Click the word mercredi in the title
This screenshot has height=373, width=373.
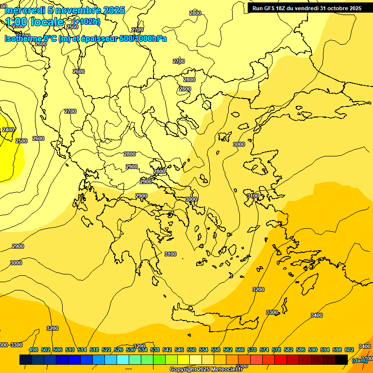[22, 10]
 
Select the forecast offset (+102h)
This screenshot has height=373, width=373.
[86, 21]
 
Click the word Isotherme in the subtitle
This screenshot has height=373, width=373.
[23, 38]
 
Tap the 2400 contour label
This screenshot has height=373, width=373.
[8, 130]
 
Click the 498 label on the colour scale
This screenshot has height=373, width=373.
[34, 350]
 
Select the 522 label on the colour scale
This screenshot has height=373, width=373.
[106, 350]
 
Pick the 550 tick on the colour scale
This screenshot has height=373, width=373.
[191, 350]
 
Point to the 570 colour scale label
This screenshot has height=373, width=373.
[252, 350]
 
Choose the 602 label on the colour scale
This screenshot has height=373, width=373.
[349, 350]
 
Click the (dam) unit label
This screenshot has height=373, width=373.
[359, 360]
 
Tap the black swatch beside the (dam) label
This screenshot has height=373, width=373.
[341, 359]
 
